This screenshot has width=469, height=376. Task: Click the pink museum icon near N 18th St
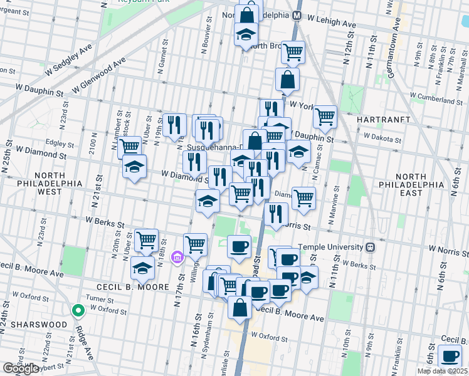coord(177,257)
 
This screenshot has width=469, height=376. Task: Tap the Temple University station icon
coord(371,247)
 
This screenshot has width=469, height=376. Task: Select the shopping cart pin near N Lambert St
coord(129,147)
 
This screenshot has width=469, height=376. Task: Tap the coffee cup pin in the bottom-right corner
coord(450,355)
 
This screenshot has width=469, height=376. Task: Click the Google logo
coord(21,368)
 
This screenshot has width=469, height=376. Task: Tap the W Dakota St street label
coord(382,139)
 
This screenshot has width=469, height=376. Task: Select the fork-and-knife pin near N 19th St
coord(174,124)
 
